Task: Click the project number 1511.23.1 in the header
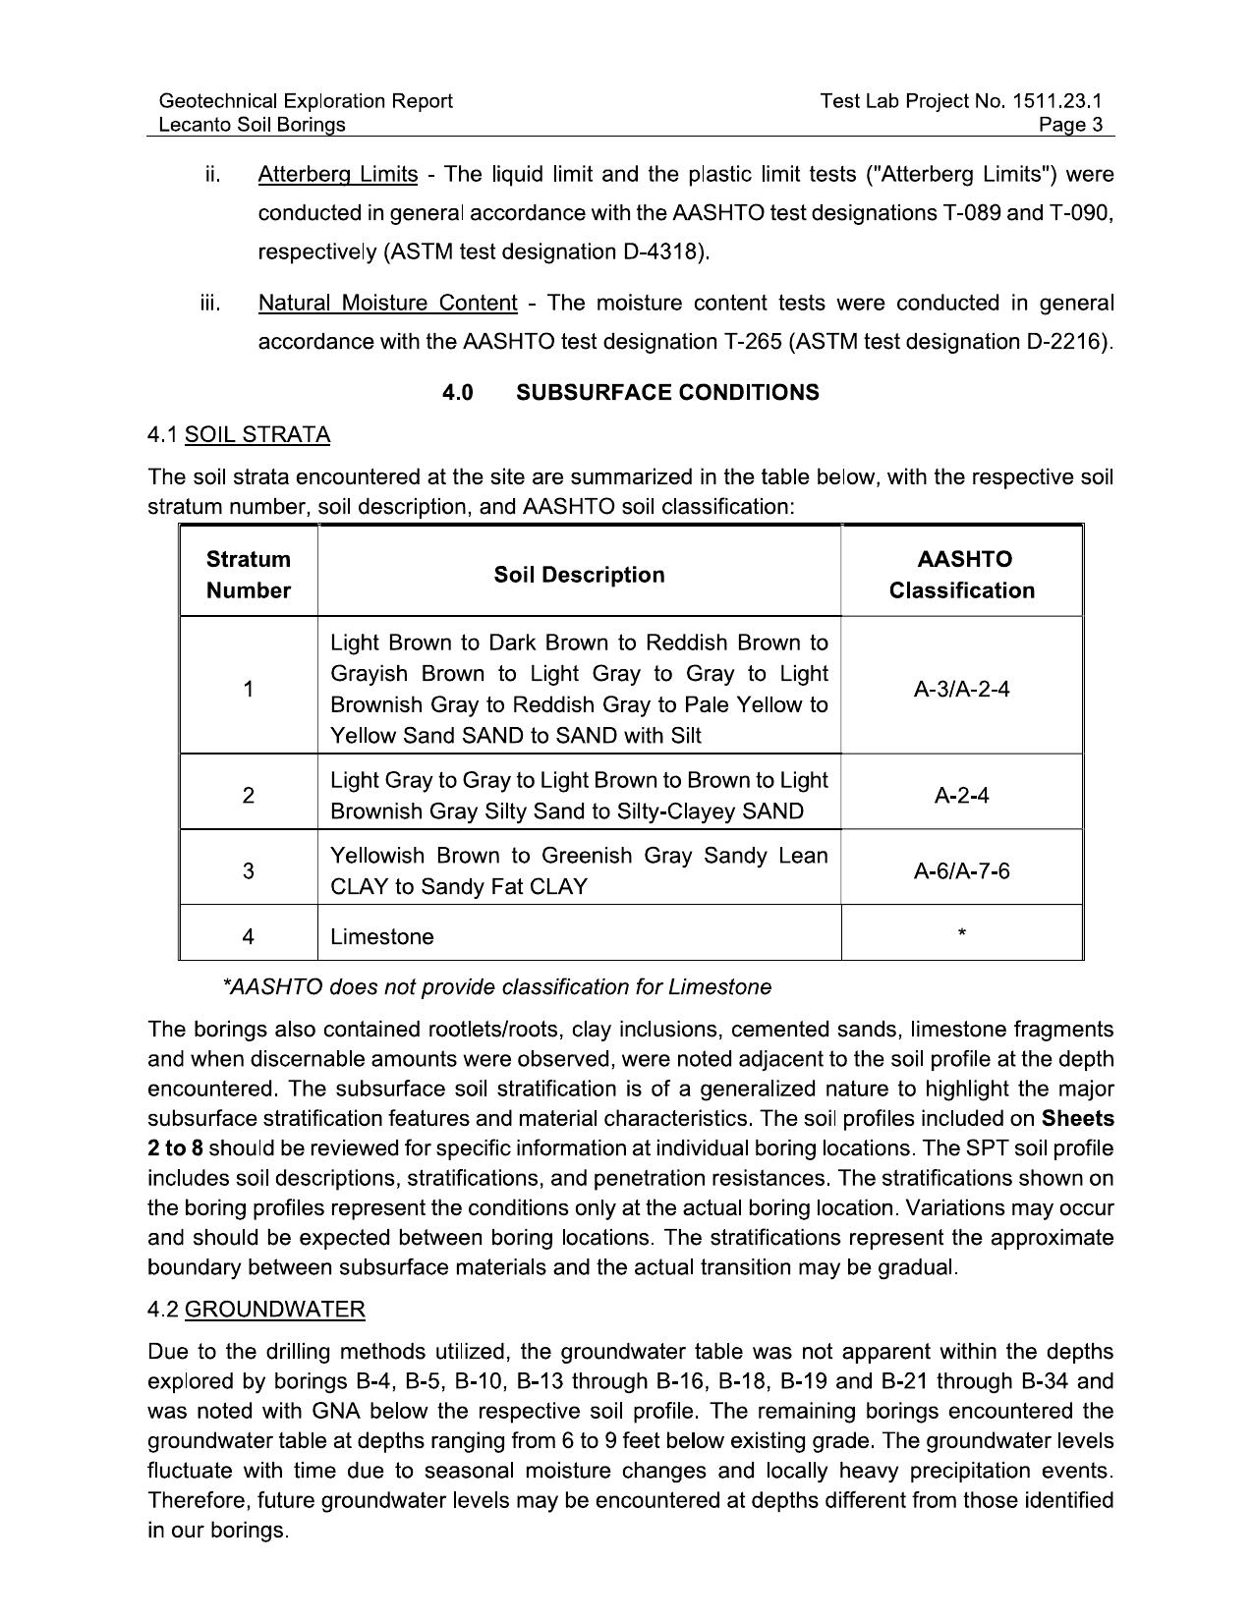pyautogui.click(x=1056, y=100)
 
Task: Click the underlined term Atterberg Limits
pyautogui.click(x=337, y=175)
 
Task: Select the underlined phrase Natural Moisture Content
pyautogui.click(x=387, y=303)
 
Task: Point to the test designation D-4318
pyautogui.click(x=663, y=252)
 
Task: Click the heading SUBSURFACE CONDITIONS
pyautogui.click(x=667, y=393)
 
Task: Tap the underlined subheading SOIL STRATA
pyautogui.click(x=257, y=435)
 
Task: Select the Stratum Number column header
pyautogui.click(x=249, y=575)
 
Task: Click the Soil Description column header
pyautogui.click(x=579, y=575)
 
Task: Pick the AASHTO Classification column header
pyautogui.click(x=961, y=575)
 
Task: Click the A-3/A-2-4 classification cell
pyautogui.click(x=961, y=689)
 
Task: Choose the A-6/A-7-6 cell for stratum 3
pyautogui.click(x=961, y=870)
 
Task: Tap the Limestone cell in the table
pyautogui.click(x=382, y=937)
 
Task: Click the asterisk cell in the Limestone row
pyautogui.click(x=961, y=933)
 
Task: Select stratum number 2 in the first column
pyautogui.click(x=249, y=795)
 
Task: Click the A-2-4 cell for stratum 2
pyautogui.click(x=961, y=795)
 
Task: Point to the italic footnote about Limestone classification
pyautogui.click(x=497, y=987)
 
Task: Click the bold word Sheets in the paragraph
pyautogui.click(x=1077, y=1118)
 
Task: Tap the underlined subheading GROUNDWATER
pyautogui.click(x=274, y=1310)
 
